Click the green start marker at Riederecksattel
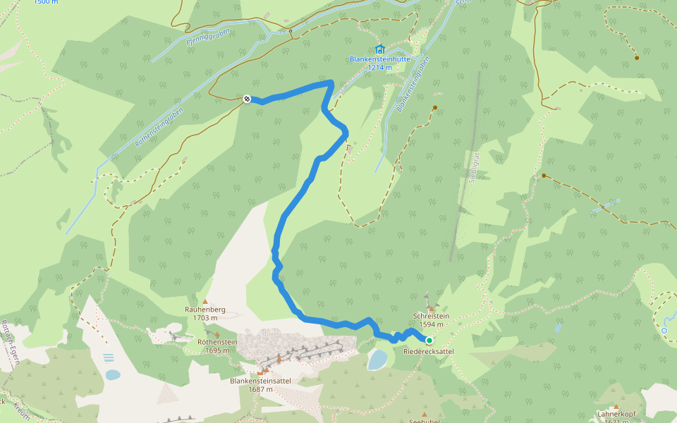point(429,340)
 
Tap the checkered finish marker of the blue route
point(247,99)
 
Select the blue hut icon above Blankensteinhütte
point(380,49)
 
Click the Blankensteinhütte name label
point(380,59)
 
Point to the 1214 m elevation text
point(380,68)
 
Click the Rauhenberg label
point(205,309)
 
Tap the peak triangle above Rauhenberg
point(205,301)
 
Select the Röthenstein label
point(217,342)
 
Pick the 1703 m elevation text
point(205,318)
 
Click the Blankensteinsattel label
point(261,381)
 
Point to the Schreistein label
point(431,317)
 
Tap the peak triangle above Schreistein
point(431,308)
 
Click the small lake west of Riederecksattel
point(377,360)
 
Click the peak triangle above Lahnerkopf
point(616,407)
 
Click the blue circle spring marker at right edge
point(664,329)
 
